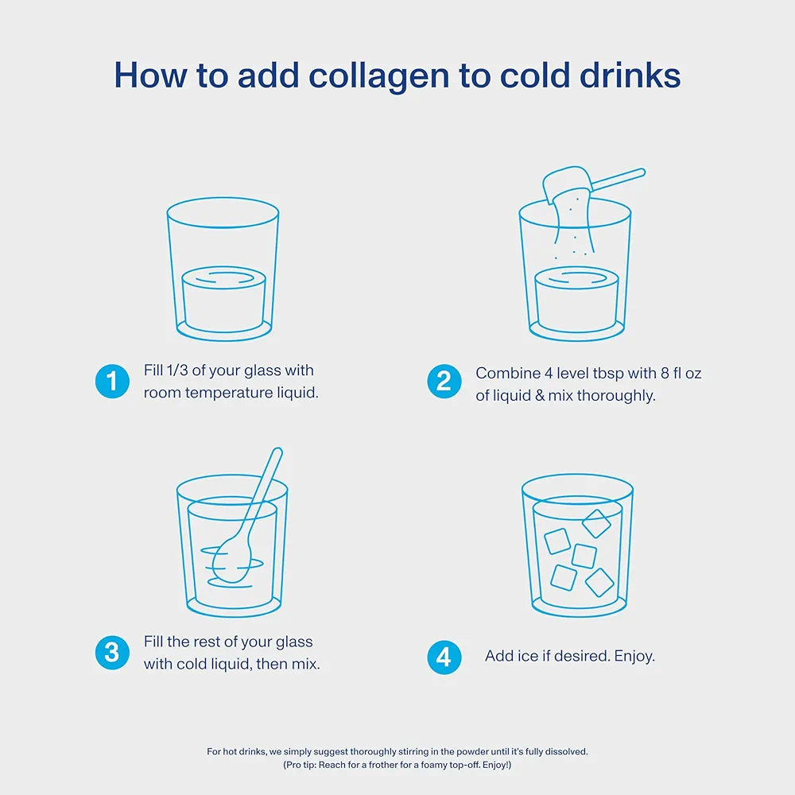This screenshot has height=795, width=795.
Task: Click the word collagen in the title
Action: click(378, 76)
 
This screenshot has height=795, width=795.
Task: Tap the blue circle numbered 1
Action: click(112, 382)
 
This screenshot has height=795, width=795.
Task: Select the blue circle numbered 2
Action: click(444, 382)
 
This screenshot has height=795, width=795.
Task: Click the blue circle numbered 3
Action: click(112, 653)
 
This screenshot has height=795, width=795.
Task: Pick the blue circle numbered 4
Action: click(444, 657)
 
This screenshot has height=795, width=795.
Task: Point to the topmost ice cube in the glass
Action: click(596, 523)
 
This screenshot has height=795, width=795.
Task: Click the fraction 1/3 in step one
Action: click(177, 370)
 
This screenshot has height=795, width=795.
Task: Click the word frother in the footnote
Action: click(383, 765)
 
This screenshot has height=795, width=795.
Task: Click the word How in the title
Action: click(150, 76)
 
